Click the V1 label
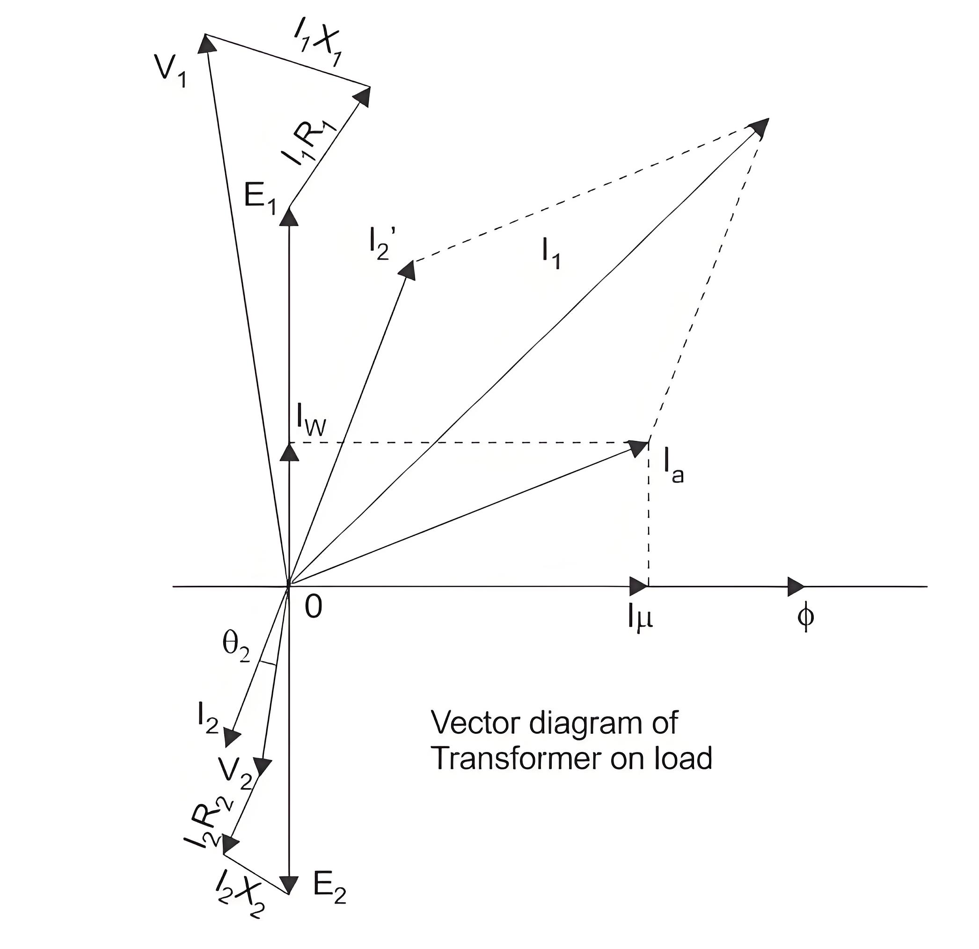click(x=171, y=73)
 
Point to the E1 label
click(x=260, y=199)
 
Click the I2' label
click(x=383, y=244)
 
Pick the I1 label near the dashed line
click(x=551, y=254)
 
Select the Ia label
click(x=673, y=466)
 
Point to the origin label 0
click(x=313, y=607)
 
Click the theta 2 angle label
click(x=236, y=648)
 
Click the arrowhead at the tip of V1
click(x=207, y=44)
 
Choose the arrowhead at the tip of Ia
click(x=638, y=447)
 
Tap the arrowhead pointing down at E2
click(x=289, y=884)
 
